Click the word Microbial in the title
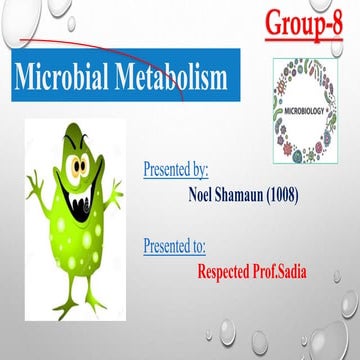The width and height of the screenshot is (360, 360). pos(72,78)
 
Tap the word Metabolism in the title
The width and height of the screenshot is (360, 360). pos(186,78)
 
